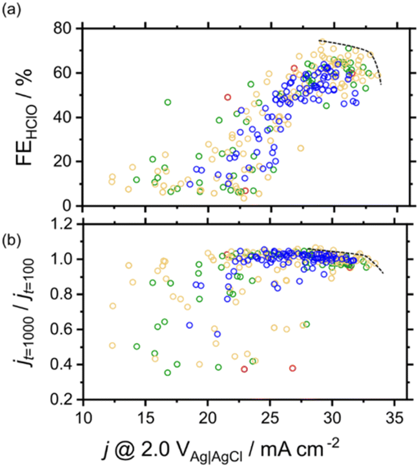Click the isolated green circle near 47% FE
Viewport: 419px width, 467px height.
click(168, 102)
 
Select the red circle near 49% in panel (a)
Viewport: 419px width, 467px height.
click(227, 97)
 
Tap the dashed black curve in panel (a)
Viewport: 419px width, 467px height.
click(362, 48)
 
